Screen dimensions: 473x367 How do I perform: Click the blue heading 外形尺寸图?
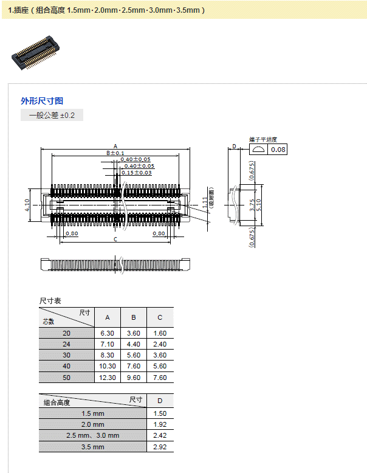42,101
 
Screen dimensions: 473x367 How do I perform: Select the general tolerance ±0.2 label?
52,115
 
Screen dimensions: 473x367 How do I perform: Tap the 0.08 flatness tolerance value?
278,150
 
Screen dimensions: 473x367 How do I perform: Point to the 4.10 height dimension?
27,205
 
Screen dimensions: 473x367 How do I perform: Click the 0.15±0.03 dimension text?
136,173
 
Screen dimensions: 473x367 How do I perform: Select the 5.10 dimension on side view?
260,205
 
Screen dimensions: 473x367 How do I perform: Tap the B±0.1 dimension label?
115,153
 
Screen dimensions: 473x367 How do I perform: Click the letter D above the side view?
234,147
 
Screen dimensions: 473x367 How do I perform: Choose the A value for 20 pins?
108,333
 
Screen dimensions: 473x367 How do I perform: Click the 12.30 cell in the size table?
108,378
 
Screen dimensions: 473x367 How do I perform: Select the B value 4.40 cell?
134,344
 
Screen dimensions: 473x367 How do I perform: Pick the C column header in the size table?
160,317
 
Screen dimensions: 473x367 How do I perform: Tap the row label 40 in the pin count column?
66,367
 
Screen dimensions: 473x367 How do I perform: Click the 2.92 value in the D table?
160,447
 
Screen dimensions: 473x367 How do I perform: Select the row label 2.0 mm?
92,424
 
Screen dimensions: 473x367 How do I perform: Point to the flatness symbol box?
258,150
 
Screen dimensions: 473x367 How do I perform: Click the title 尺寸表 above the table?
50,301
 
